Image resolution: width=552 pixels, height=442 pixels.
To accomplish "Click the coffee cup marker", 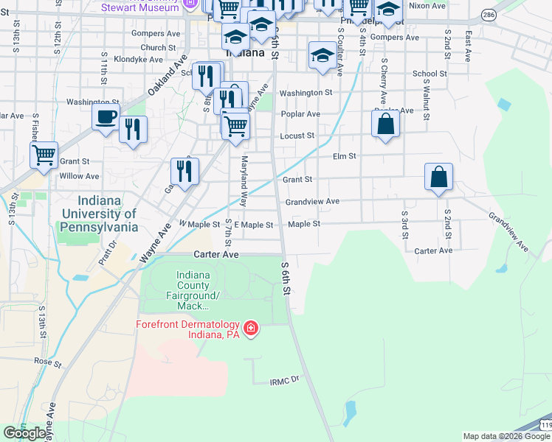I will (x=106, y=116).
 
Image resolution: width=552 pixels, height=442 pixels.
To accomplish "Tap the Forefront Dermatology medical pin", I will (x=251, y=328).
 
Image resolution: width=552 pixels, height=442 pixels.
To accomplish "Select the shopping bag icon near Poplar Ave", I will (x=385, y=123).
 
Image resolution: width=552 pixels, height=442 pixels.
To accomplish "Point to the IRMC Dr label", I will (x=284, y=380).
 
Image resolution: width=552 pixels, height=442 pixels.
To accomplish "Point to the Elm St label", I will (x=345, y=156).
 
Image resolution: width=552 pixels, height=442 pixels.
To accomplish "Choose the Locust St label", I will (x=297, y=136).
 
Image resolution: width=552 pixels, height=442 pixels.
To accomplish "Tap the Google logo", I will (x=25, y=433).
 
